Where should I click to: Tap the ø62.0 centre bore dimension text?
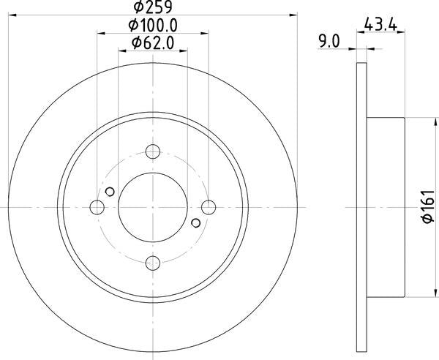tap(153, 43)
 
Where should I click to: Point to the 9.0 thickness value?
tap(330, 42)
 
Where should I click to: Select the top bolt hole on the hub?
tap(152, 151)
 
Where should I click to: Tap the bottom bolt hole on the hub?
tap(152, 263)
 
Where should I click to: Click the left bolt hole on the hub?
tap(97, 207)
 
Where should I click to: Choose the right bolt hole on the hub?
tap(209, 207)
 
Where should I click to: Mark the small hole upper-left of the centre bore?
tap(110, 192)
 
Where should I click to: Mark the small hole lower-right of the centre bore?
tap(195, 222)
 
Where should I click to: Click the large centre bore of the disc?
tap(152, 207)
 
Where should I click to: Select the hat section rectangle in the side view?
tap(385, 207)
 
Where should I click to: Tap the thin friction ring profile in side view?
tap(361, 207)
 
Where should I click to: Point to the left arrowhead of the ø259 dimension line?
tap(12, 13)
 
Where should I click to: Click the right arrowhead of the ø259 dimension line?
tap(294, 13)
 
